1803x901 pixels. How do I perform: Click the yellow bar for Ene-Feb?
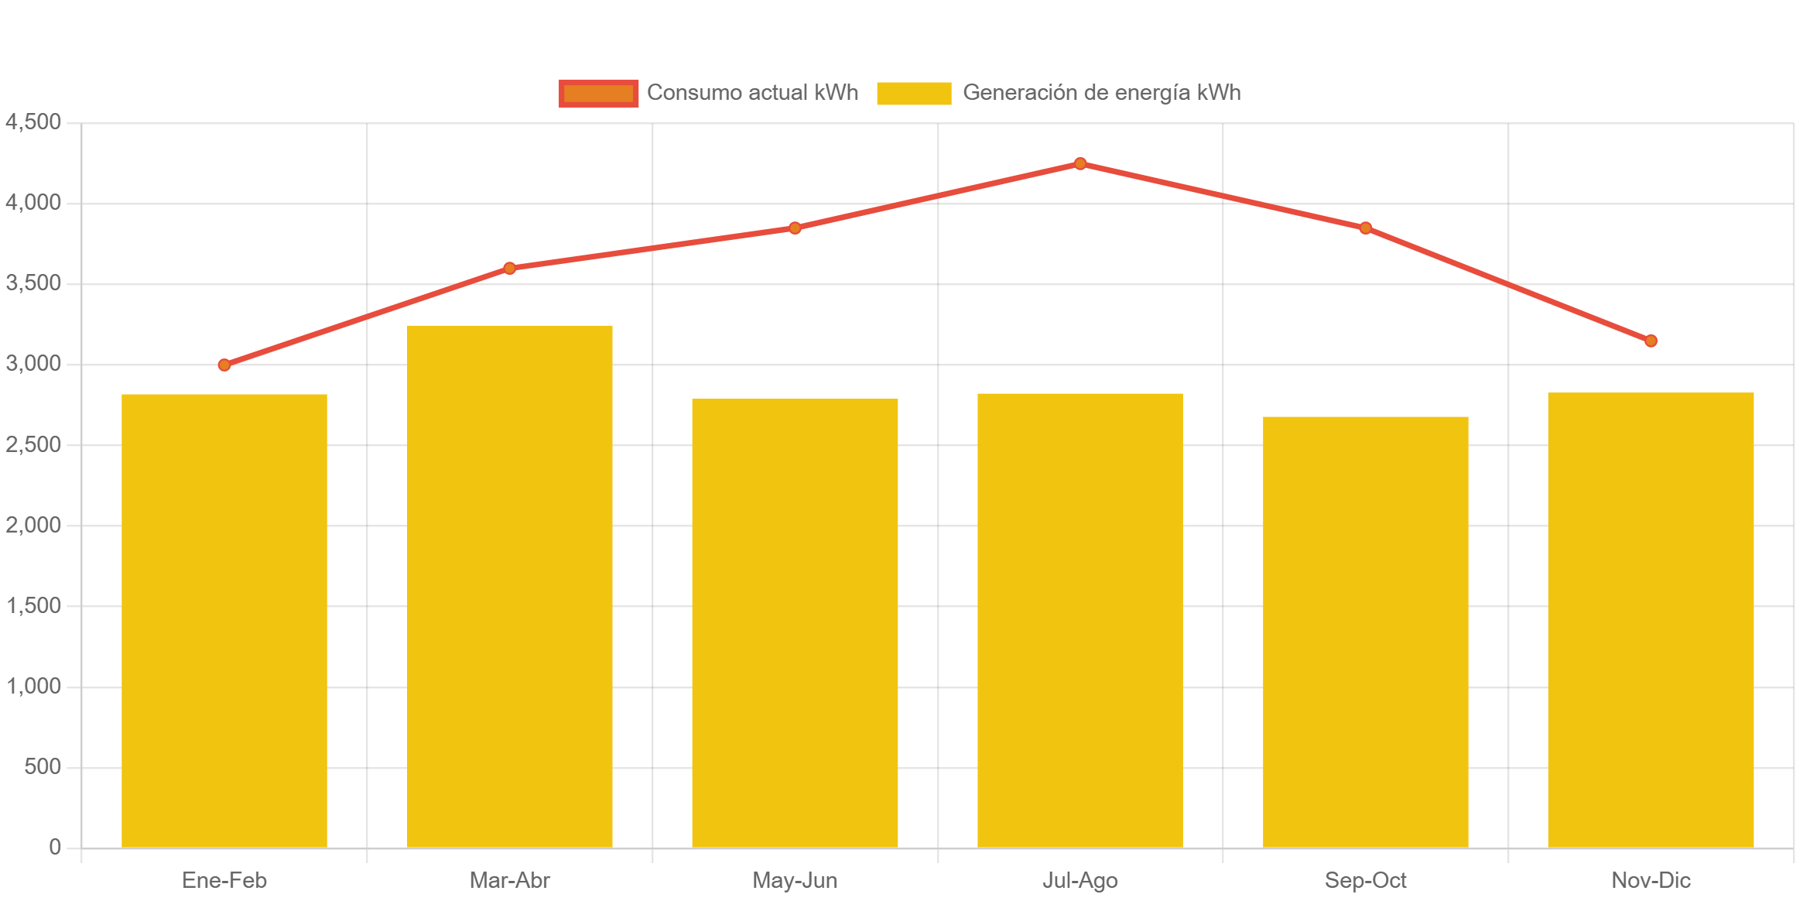point(224,619)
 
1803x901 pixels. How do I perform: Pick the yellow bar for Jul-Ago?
point(1080,619)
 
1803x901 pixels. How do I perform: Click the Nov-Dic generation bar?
point(1651,619)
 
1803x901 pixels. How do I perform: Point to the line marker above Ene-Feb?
point(224,365)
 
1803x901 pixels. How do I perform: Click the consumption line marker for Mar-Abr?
point(510,268)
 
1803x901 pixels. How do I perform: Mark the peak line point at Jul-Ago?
point(1080,163)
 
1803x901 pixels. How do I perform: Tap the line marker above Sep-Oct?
point(1366,228)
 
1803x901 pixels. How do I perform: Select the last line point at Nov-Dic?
point(1651,341)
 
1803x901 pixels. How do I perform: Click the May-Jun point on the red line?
point(795,228)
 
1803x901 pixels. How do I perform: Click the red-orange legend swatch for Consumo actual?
point(599,93)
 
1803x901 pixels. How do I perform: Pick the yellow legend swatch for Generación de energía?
point(914,93)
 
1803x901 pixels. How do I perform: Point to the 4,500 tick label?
point(33,122)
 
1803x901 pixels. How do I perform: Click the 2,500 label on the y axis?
point(33,444)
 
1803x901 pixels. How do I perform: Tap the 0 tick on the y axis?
point(55,847)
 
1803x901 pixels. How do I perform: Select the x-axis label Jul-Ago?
point(1080,880)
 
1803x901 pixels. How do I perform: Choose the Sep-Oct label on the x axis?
point(1366,880)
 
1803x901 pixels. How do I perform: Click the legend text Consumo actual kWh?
point(752,93)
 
